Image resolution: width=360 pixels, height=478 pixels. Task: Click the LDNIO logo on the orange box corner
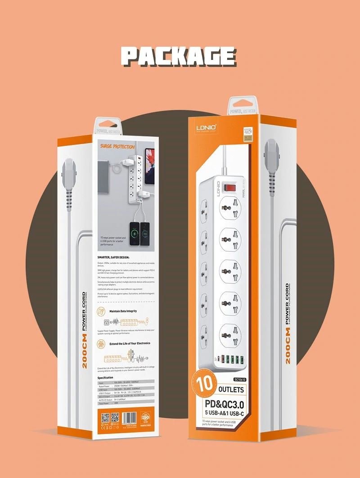tap(207, 127)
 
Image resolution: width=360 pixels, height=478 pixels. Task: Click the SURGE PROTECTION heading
tap(117, 147)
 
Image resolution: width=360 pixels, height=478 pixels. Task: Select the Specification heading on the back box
tap(105, 377)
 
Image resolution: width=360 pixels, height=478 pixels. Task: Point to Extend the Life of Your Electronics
tap(130, 343)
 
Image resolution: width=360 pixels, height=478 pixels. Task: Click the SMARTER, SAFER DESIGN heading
tap(113, 257)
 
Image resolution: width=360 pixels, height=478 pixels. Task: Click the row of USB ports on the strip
tap(231, 360)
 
